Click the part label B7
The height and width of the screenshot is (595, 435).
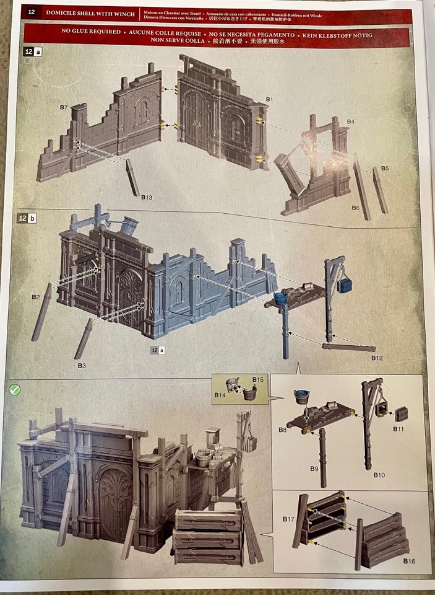[64, 107]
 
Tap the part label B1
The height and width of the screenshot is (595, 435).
[269, 99]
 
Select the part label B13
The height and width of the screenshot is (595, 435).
[146, 197]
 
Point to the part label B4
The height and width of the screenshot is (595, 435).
[350, 121]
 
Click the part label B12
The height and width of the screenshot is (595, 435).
[377, 358]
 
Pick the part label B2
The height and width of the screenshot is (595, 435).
[37, 297]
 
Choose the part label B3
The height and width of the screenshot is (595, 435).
[82, 366]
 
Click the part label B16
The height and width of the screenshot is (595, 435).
[408, 561]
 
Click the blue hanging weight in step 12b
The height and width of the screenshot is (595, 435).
[345, 284]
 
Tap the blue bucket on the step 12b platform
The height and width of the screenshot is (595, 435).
[281, 298]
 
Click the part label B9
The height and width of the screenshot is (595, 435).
[314, 469]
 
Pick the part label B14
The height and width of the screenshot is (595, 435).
[220, 394]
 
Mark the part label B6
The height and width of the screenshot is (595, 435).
[355, 208]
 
